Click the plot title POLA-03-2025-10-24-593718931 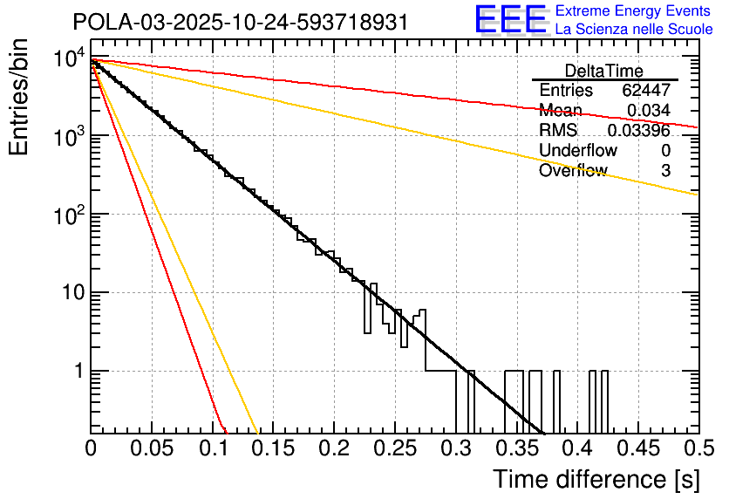click(240, 22)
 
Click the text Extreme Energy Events click(634, 11)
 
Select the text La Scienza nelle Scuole click(634, 29)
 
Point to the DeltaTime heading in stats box click(604, 71)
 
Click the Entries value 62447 click(645, 91)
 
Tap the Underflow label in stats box click(577, 151)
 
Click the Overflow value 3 click(665, 171)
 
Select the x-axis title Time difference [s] click(595, 479)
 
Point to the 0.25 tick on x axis click(394, 448)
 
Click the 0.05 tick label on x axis click(152, 448)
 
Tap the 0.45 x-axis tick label click(637, 448)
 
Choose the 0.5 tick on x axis click(697, 448)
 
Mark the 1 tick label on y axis click(76, 371)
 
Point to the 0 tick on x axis click(92, 448)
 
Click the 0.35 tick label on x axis click(516, 448)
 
